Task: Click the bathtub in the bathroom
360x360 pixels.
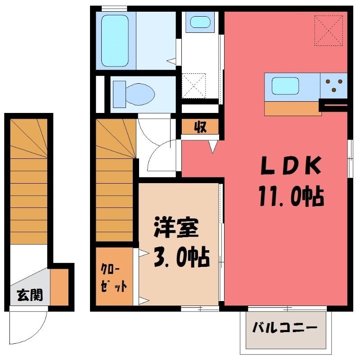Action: (115, 40)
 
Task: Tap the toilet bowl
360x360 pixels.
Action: (140, 94)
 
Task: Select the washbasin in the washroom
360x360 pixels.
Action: (200, 22)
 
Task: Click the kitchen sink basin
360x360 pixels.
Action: (285, 85)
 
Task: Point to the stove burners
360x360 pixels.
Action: (334, 85)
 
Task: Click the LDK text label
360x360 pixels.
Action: (291, 165)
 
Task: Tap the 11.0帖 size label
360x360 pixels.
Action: (291, 196)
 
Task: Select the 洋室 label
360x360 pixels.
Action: (176, 227)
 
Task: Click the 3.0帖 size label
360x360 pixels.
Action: (182, 256)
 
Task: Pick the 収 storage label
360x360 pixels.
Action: (200, 126)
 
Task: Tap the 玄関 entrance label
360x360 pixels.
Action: (30, 295)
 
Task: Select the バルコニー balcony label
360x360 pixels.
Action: (285, 328)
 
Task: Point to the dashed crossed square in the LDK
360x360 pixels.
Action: (328, 30)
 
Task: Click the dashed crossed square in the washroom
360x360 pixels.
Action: (193, 86)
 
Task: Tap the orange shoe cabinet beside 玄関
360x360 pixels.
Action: (59, 287)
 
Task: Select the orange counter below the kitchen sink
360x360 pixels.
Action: (293, 108)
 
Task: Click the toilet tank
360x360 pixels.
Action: (119, 94)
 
